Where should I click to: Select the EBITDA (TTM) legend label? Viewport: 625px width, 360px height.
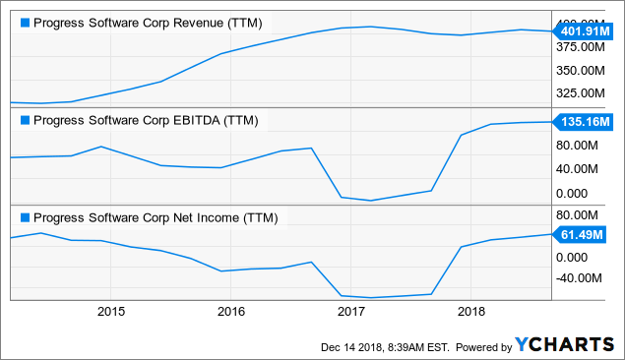pos(146,121)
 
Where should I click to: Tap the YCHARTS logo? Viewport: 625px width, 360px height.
pos(564,345)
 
